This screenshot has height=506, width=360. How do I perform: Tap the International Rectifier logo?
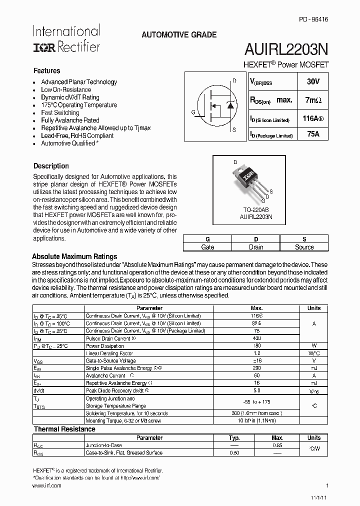tap(66, 38)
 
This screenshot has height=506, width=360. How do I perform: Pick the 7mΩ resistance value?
tap(313, 100)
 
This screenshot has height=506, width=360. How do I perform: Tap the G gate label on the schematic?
tap(193, 112)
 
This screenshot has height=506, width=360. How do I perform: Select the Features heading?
tap(46, 71)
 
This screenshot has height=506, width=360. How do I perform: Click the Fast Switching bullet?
tap(60, 112)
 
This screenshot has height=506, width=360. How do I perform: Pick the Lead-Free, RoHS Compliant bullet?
tap(77, 135)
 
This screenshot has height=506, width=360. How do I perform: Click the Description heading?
tap(51, 166)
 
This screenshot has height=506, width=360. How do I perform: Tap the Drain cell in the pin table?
tap(255, 247)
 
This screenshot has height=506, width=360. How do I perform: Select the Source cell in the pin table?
tap(304, 247)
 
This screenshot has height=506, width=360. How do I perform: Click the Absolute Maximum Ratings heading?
tap(74, 256)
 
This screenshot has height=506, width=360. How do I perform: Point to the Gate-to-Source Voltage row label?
tap(110, 360)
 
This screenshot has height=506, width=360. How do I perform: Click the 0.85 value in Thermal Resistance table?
tap(277, 445)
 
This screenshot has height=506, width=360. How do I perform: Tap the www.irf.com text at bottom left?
tap(46, 485)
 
